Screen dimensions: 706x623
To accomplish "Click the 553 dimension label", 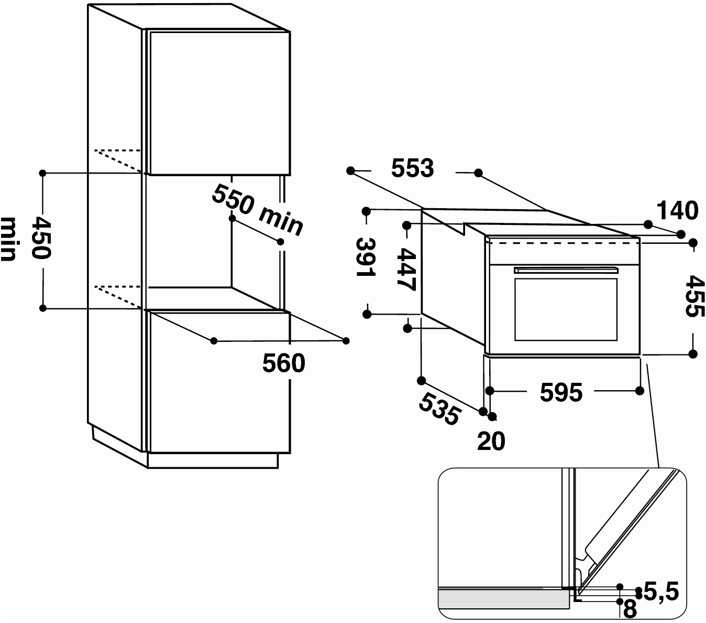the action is pyautogui.click(x=413, y=168).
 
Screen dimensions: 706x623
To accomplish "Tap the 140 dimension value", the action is pyautogui.click(x=677, y=210).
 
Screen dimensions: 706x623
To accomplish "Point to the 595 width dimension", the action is pyautogui.click(x=561, y=392).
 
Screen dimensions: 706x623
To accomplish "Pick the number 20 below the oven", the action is pyautogui.click(x=491, y=441).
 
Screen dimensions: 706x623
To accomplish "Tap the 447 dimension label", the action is pyautogui.click(x=406, y=269).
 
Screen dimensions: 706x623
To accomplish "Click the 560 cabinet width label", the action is pyautogui.click(x=284, y=363).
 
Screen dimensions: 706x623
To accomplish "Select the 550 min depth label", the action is pyautogui.click(x=257, y=210).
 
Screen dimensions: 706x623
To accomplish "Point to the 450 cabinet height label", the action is pyautogui.click(x=41, y=238).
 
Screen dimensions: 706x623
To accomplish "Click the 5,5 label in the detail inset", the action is pyautogui.click(x=661, y=591).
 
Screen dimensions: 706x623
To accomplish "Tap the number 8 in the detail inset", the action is pyautogui.click(x=630, y=609).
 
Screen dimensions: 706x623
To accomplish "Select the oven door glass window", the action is pyautogui.click(x=566, y=309).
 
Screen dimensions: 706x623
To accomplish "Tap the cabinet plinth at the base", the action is pyautogui.click(x=213, y=460).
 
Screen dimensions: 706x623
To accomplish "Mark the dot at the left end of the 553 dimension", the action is pyautogui.click(x=350, y=171).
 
